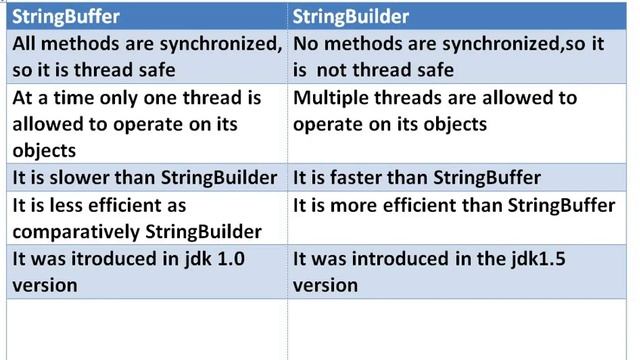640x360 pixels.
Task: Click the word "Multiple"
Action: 333,98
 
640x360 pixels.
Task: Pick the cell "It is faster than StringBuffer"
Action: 416,178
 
